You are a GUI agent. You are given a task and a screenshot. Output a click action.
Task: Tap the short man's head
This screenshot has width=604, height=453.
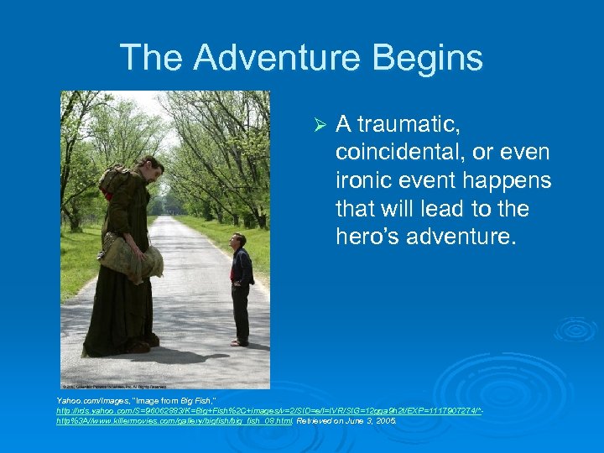(x=237, y=240)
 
